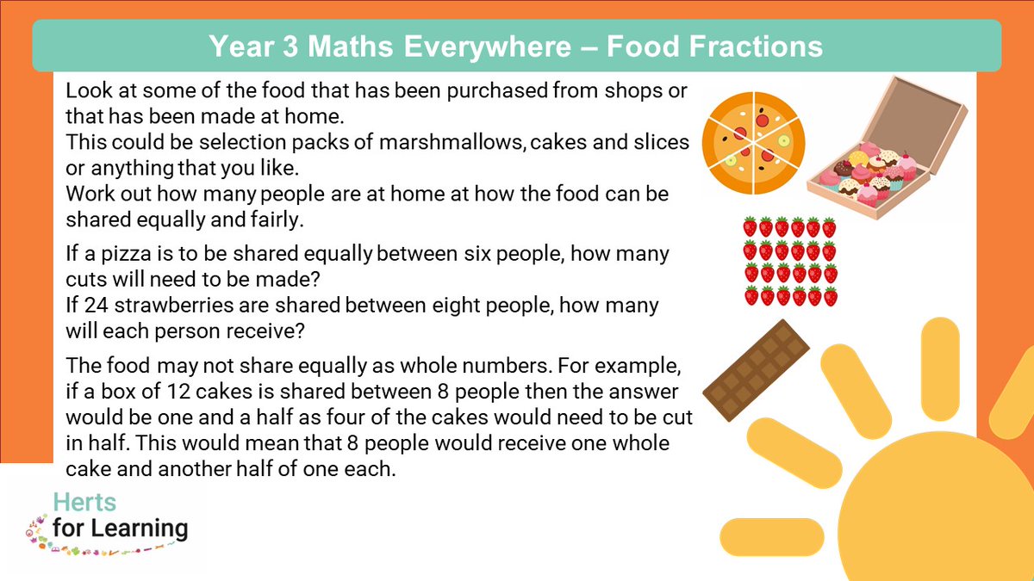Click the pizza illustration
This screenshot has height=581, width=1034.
point(754,141)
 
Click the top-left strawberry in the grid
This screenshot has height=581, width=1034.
point(750,227)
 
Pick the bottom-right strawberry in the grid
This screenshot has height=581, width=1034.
point(830,297)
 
